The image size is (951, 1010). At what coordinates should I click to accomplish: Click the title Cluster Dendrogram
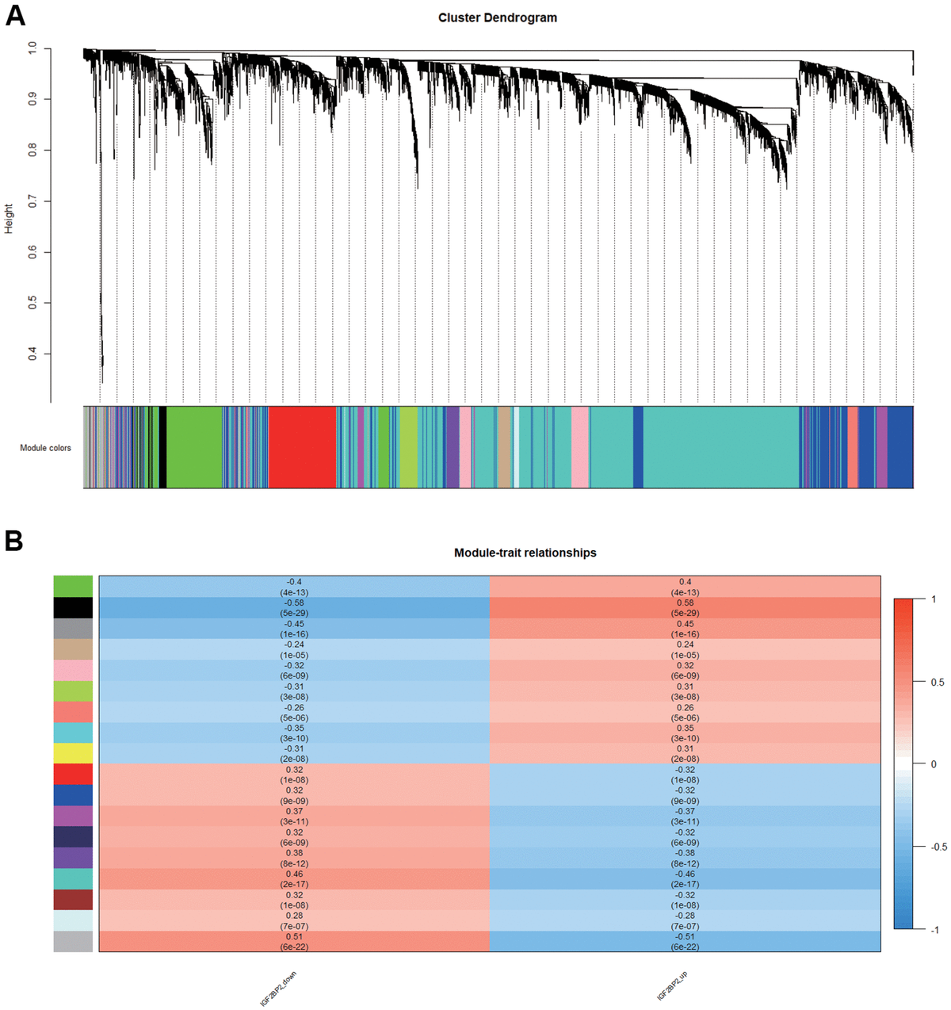click(x=497, y=17)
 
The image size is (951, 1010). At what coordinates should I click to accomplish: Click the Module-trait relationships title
click(x=525, y=553)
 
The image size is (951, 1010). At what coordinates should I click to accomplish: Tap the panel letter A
click(x=15, y=15)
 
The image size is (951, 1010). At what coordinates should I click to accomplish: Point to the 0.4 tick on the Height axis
click(x=32, y=354)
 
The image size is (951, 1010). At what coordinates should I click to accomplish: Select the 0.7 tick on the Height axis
click(x=32, y=201)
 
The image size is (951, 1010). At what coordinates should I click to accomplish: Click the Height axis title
click(x=10, y=218)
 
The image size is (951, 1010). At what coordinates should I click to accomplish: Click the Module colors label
click(x=45, y=448)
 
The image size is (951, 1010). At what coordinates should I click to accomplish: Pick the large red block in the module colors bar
click(x=302, y=447)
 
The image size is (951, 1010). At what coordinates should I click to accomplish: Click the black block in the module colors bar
click(x=162, y=447)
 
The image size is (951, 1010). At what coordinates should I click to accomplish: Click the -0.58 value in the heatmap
click(x=294, y=603)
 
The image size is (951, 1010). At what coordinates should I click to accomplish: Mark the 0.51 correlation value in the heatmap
click(x=294, y=936)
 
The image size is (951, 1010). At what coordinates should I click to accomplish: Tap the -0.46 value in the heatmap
click(x=685, y=874)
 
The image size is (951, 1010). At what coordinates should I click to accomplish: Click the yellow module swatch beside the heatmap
click(x=73, y=753)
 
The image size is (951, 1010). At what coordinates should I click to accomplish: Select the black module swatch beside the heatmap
click(x=73, y=607)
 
